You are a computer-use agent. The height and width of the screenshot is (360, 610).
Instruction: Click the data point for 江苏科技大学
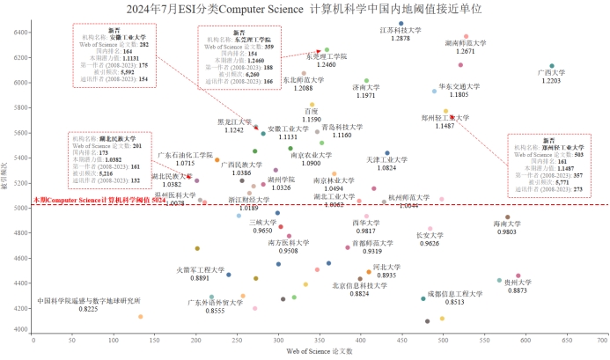[x=401, y=24]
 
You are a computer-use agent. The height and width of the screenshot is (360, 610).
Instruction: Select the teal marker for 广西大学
[x=552, y=66]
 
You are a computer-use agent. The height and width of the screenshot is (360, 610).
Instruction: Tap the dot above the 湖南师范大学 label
[x=467, y=36]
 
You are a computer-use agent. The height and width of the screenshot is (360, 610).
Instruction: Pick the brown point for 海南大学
[x=507, y=217]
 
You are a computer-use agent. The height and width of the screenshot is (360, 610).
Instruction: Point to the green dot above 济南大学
[x=366, y=81]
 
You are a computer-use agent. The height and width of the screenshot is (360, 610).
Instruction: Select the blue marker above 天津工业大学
[x=387, y=153]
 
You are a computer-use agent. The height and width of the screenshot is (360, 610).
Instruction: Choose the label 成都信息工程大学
[x=455, y=293]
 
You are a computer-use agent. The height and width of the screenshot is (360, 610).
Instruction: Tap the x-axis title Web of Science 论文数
[x=319, y=351]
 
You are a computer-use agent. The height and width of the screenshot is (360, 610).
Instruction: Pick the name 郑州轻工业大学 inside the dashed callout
[x=548, y=148]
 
